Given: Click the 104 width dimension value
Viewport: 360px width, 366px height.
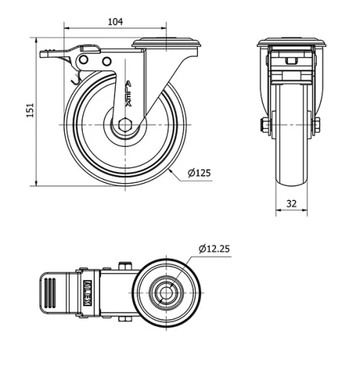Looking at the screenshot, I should [x=114, y=22].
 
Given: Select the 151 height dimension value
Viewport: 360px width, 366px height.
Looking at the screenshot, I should [x=30, y=112].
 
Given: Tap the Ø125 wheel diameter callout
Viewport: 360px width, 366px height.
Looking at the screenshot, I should [x=199, y=173].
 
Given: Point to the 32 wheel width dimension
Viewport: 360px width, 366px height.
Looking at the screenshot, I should [x=292, y=204].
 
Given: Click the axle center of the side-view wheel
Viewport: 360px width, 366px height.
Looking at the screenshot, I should [x=125, y=125].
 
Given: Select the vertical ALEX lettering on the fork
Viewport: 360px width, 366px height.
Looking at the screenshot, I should [x=128, y=93].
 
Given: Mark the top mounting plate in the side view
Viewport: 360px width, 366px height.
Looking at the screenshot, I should [x=166, y=43].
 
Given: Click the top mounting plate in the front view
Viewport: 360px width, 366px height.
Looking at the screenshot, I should [x=292, y=42].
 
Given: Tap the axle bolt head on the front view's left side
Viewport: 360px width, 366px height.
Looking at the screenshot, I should [x=264, y=128].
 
